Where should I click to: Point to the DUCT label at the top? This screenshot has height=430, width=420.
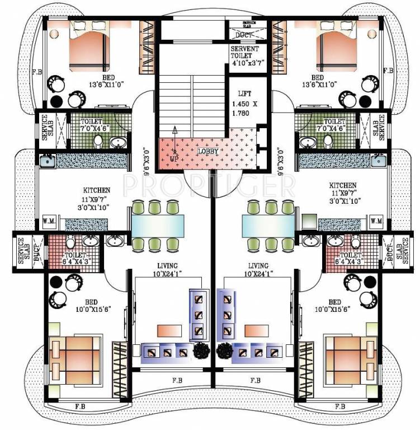tap(244, 35)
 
